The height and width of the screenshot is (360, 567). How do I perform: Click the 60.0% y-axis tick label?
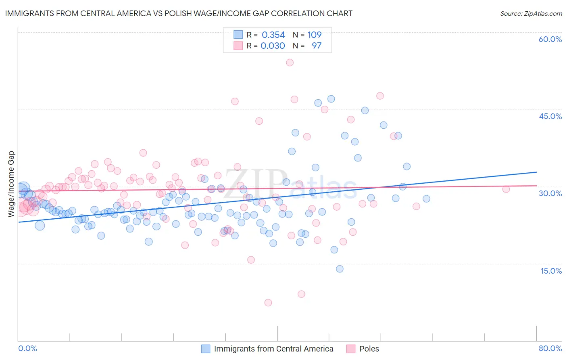[550, 39]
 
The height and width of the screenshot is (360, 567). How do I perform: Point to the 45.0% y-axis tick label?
[550, 116]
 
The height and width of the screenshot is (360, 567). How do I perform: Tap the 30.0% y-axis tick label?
[550, 193]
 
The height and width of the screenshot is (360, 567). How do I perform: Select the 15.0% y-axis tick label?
[551, 270]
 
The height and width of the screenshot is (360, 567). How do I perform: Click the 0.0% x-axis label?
[27, 348]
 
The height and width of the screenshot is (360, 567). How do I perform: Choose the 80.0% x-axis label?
[550, 348]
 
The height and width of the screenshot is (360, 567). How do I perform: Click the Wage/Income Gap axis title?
[11, 184]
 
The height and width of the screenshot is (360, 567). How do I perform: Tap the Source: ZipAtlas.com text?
[531, 13]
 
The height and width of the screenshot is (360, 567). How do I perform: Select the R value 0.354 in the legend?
[273, 35]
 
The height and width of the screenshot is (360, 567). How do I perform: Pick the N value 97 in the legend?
[317, 46]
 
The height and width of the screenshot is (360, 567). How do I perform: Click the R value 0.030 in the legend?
[273, 46]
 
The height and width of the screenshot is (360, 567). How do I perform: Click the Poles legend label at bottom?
[369, 349]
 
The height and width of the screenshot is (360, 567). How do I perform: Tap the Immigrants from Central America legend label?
[273, 349]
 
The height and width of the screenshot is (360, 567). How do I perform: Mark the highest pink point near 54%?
[290, 63]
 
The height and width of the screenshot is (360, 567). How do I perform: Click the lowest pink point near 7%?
[268, 303]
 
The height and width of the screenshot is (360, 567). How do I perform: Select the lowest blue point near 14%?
[340, 269]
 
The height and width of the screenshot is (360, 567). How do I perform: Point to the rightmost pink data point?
[506, 189]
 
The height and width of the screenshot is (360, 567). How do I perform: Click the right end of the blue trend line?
[536, 172]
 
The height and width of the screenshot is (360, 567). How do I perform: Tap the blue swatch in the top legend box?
[238, 35]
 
